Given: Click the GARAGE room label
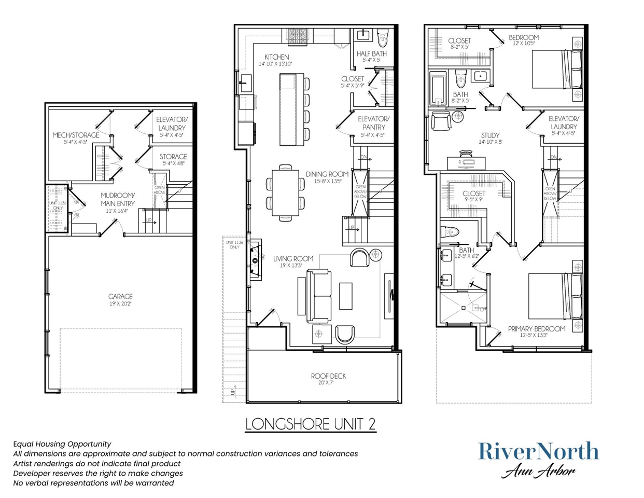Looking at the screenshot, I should [x=120, y=297].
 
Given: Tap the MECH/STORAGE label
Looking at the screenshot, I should [x=76, y=135].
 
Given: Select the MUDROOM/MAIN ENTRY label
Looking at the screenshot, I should [x=118, y=200].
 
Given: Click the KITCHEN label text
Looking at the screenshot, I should [x=276, y=57].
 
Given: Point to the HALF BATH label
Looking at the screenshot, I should [x=371, y=54].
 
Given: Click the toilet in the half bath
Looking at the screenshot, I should [x=383, y=39].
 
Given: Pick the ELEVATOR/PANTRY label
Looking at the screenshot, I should [x=373, y=123].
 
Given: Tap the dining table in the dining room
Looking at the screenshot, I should [x=285, y=192].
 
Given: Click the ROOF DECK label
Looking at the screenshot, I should [x=328, y=376].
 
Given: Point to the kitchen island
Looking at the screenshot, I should [x=291, y=109].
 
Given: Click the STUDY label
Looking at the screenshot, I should [x=490, y=135].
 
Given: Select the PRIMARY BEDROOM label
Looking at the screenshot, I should [x=536, y=329].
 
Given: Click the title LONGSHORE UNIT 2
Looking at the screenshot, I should [x=311, y=424].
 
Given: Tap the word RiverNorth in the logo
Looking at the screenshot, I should [x=538, y=451].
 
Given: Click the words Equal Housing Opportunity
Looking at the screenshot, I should [x=62, y=444].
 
